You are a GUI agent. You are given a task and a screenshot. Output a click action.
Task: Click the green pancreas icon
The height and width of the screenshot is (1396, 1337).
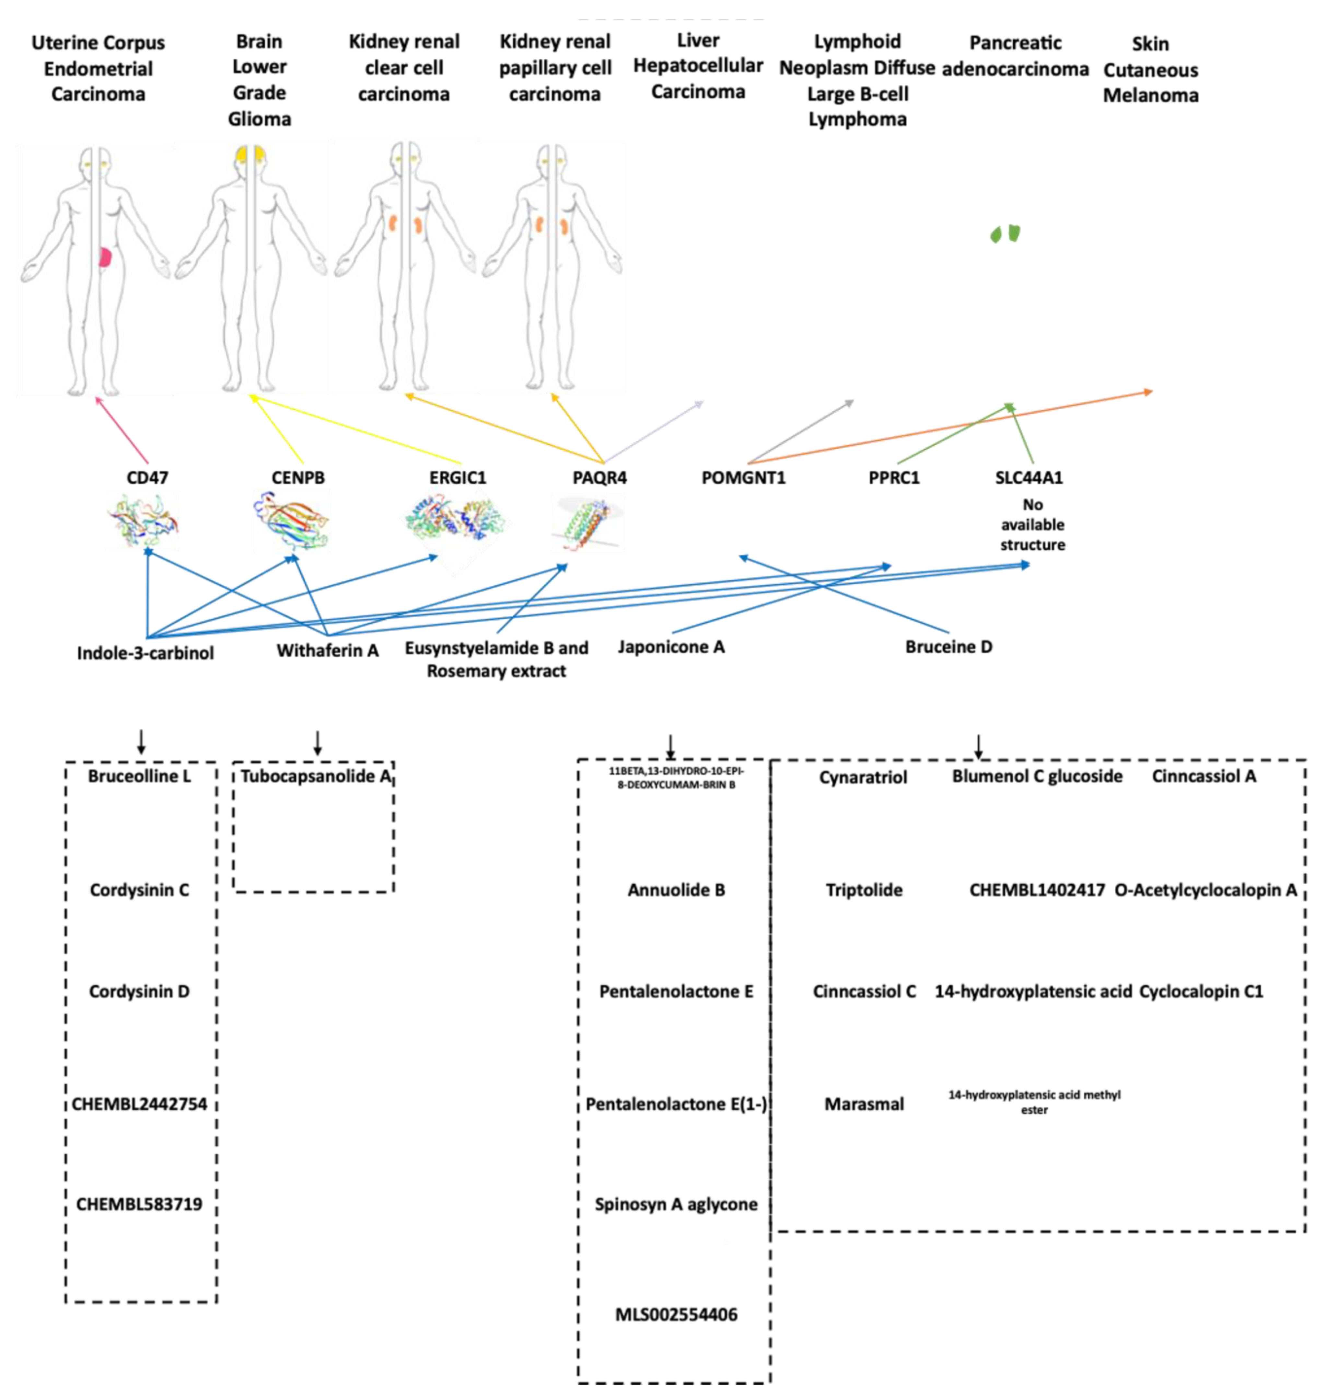(1005, 234)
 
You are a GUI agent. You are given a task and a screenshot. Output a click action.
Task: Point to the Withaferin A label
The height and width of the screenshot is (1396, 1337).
(328, 650)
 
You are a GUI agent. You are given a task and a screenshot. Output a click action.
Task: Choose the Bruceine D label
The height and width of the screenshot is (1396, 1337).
(948, 647)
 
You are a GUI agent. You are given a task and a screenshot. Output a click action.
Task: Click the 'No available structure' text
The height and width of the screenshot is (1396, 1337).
(1033, 525)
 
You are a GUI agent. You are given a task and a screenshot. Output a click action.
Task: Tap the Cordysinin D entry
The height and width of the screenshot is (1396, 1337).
(140, 991)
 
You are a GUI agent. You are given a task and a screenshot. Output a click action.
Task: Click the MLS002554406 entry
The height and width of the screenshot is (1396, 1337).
(676, 1314)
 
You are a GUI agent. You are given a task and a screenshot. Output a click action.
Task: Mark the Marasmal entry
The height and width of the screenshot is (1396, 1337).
(864, 1104)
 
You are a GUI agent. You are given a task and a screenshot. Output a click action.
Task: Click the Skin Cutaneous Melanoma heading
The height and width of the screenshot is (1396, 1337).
(1150, 70)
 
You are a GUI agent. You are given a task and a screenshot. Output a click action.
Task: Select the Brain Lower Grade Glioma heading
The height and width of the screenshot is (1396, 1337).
(260, 80)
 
